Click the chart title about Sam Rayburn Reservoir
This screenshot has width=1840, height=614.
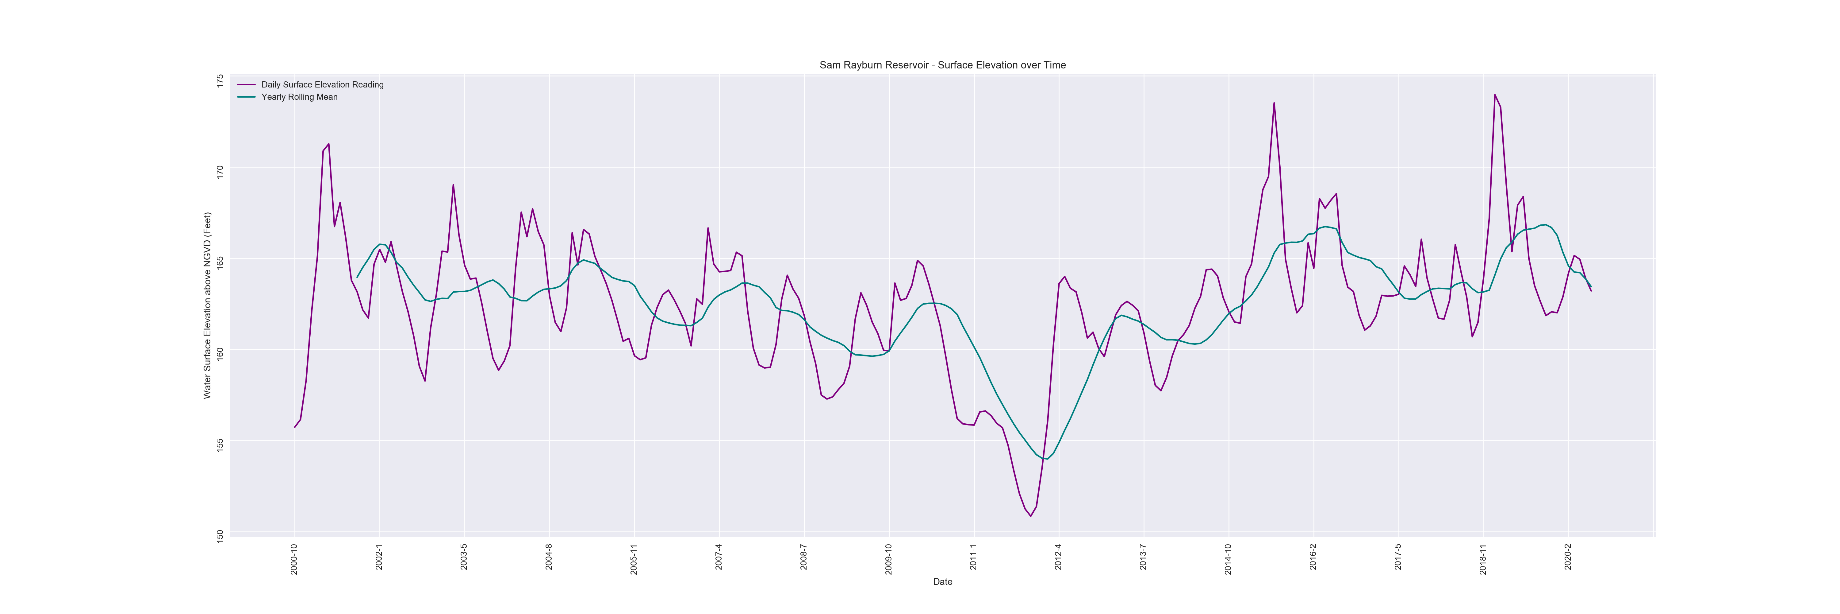tap(942, 65)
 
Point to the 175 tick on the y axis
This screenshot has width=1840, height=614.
tap(220, 81)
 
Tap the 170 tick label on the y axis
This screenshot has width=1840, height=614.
tap(220, 172)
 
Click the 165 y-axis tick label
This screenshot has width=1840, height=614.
tap(220, 262)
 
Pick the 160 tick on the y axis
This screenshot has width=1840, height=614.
tap(220, 353)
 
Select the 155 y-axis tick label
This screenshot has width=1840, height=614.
tap(220, 444)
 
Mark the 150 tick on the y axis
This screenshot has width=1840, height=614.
tap(220, 535)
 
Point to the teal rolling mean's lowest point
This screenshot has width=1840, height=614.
tap(1046, 459)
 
